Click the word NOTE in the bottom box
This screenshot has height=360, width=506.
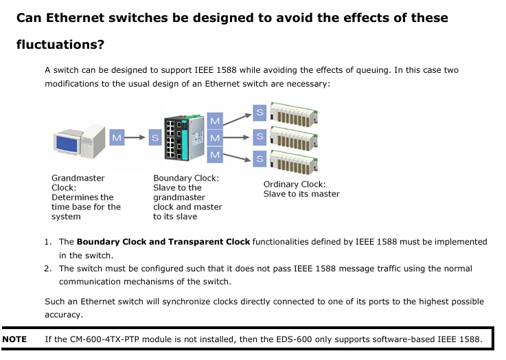(14, 339)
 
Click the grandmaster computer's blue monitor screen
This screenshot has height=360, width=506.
(67, 144)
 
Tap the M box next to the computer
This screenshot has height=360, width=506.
(117, 137)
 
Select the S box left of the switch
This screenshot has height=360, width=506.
(155, 137)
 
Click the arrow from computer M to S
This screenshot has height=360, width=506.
(135, 137)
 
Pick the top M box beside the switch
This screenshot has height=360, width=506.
(215, 121)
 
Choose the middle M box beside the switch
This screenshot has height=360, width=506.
(215, 138)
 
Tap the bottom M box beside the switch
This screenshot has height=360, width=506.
(215, 155)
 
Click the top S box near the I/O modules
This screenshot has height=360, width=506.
(260, 113)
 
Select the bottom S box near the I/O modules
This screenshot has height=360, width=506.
(260, 159)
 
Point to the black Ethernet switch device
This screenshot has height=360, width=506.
(184, 138)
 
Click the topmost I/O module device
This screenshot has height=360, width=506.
(294, 114)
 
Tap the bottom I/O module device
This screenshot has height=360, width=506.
(294, 161)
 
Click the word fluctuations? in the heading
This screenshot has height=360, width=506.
(60, 45)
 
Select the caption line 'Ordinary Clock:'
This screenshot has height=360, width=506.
(295, 184)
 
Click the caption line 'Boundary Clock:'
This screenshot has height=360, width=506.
(186, 178)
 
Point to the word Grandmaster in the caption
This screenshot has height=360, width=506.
(78, 178)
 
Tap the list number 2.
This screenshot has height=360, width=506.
(48, 269)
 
